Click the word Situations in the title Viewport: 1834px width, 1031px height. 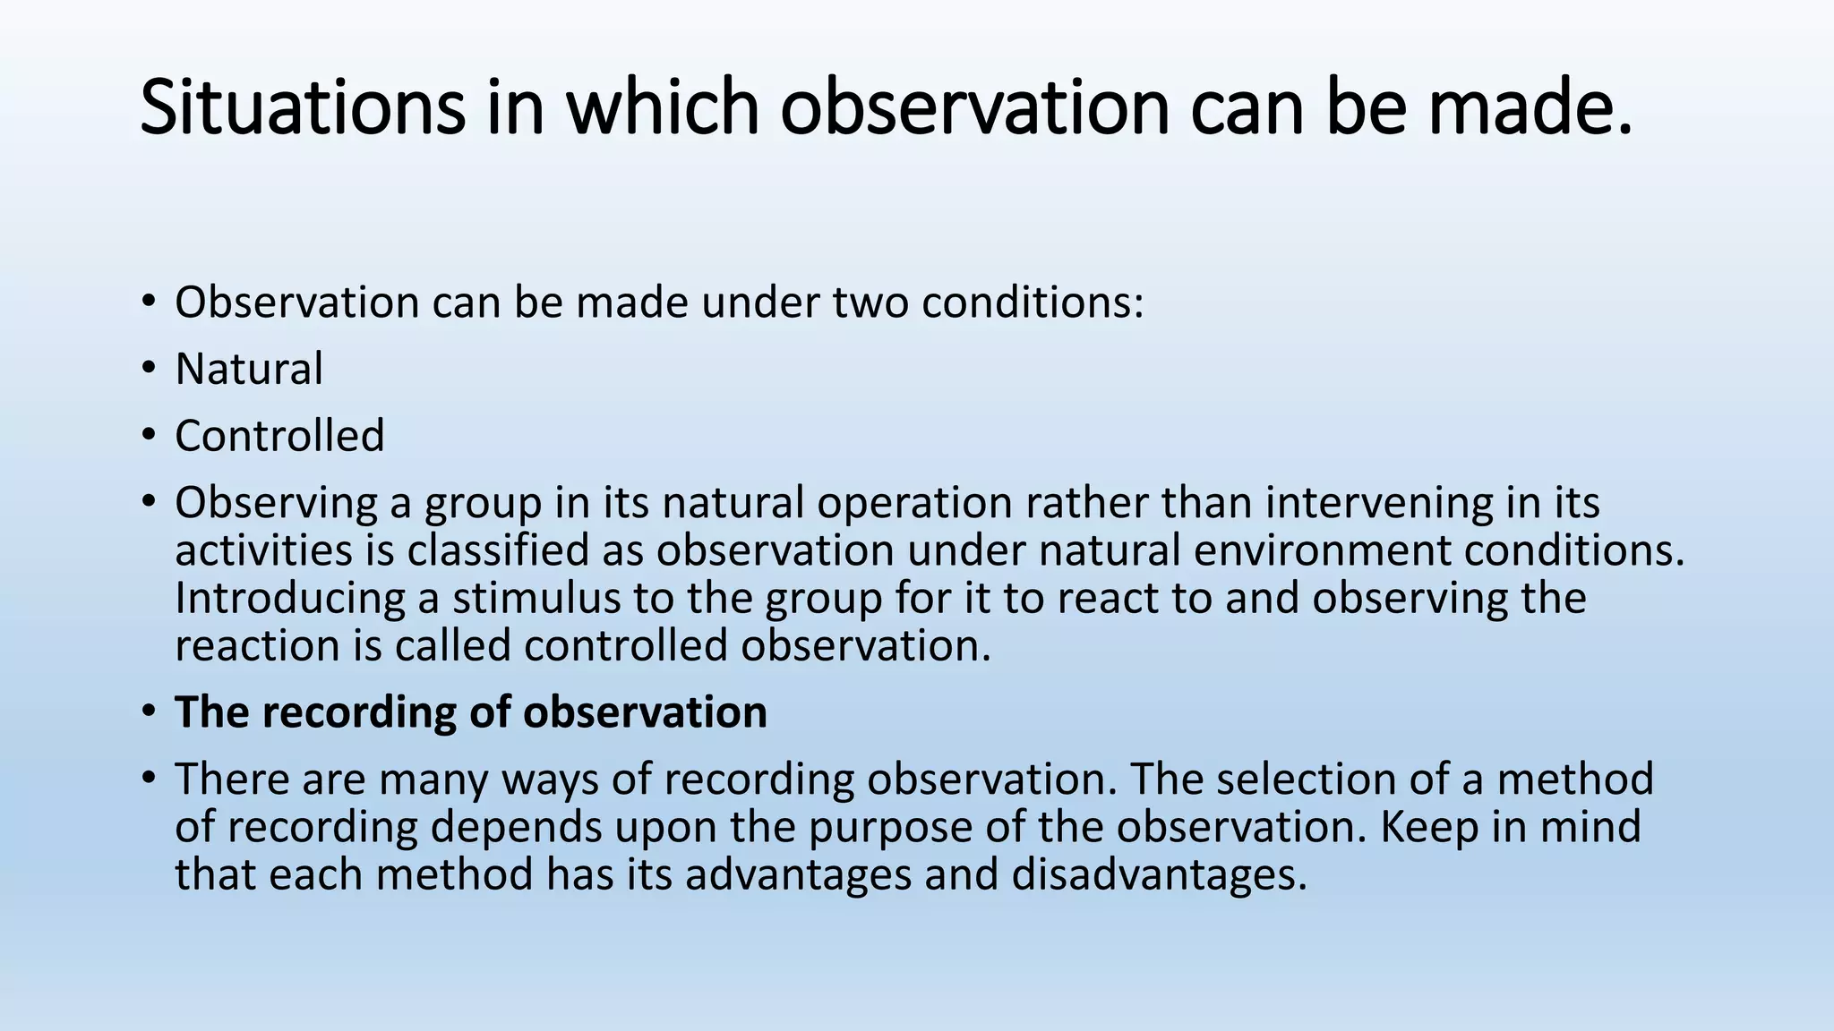coord(302,107)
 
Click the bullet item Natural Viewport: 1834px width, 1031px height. coord(249,369)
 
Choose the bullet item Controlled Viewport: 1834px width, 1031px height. coord(279,436)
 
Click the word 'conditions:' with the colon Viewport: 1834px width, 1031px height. coord(1033,302)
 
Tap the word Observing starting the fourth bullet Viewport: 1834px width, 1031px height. coord(276,503)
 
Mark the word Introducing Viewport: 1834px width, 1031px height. coord(289,598)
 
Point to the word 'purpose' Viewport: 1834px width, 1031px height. coord(890,827)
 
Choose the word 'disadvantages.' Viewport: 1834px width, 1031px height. coord(1160,874)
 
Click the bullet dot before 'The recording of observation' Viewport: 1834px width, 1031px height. coord(149,711)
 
